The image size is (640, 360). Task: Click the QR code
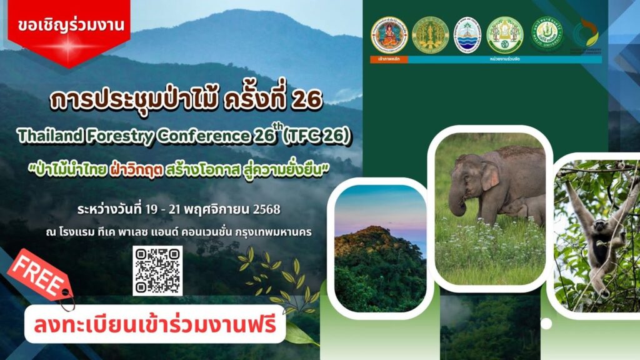[157, 270]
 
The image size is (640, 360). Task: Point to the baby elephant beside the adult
[520, 209]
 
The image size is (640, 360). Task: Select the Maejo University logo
[547, 34]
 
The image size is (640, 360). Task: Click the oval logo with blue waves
[467, 34]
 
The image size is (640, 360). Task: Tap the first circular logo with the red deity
[389, 34]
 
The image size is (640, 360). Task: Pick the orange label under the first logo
[389, 59]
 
